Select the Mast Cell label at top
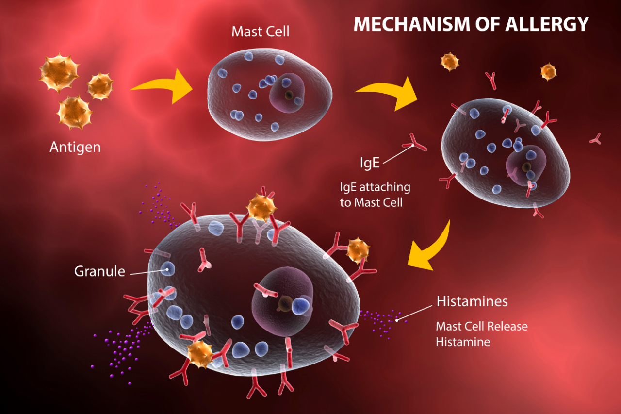point(260,32)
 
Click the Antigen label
point(75,147)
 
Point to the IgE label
point(369,163)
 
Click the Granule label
point(99,271)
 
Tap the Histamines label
point(472,301)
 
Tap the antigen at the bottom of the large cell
point(200,354)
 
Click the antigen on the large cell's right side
point(358,250)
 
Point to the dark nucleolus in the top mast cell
point(289,95)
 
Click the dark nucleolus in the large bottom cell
point(284,304)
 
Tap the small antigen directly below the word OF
point(449,62)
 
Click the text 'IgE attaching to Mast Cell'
point(375,194)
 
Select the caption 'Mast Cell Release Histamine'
point(481,334)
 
